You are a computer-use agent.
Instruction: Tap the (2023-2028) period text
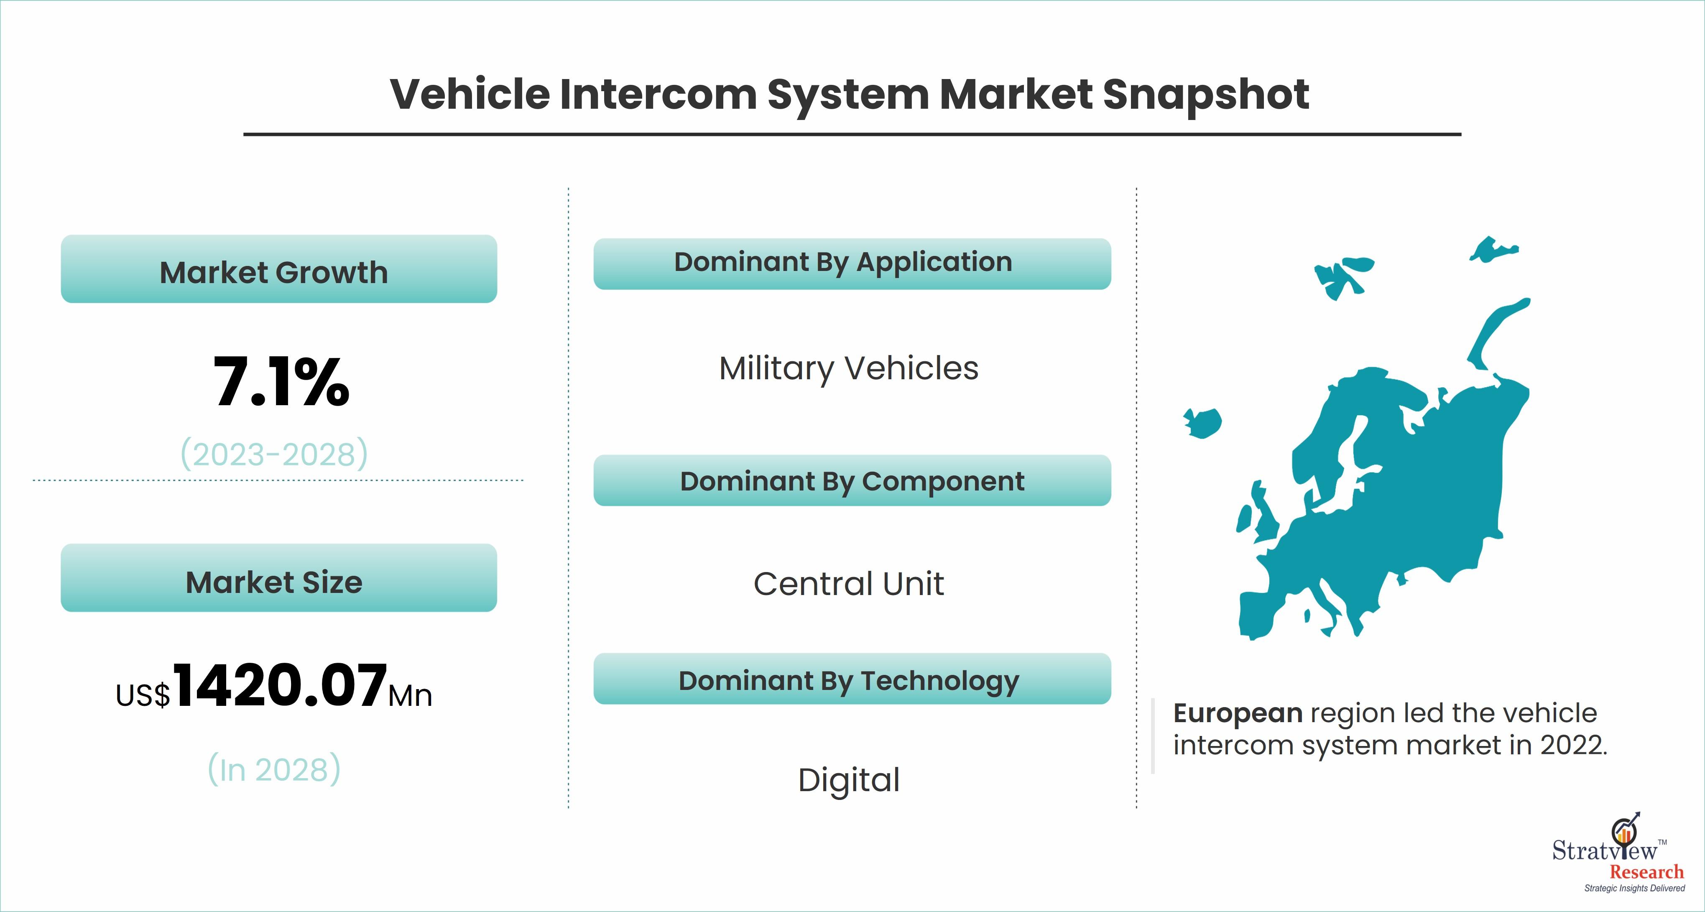pyautogui.click(x=274, y=454)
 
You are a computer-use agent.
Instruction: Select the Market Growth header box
pyautogui.click(x=278, y=269)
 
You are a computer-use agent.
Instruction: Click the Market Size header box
pyautogui.click(x=278, y=578)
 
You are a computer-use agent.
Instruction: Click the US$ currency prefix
pyautogui.click(x=143, y=695)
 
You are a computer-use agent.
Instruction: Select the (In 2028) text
pyautogui.click(x=274, y=769)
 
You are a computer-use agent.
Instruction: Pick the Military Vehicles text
pyautogui.click(x=849, y=369)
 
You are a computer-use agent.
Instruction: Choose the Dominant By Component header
pyautogui.click(x=852, y=480)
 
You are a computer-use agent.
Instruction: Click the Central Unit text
pyautogui.click(x=849, y=584)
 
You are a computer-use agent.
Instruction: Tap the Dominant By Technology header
pyautogui.click(x=852, y=679)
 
